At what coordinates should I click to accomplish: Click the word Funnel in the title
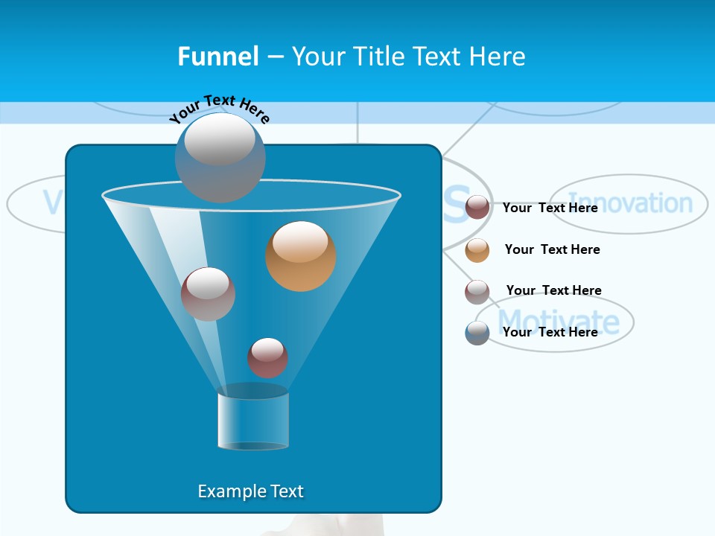[x=218, y=57]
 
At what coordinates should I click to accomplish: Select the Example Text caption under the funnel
[x=250, y=491]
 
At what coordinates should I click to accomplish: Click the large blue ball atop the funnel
[x=220, y=158]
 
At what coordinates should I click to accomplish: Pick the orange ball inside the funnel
[x=301, y=256]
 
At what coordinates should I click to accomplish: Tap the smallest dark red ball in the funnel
[x=267, y=357]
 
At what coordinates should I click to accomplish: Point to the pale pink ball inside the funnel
[x=208, y=294]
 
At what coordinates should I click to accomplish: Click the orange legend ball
[x=477, y=250]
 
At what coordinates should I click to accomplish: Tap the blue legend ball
[x=477, y=333]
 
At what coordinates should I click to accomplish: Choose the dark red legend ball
[x=477, y=208]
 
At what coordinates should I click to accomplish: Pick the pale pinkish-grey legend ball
[x=477, y=292]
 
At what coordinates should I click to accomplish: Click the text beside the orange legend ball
[x=552, y=249]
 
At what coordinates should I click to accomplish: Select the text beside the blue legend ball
[x=550, y=332]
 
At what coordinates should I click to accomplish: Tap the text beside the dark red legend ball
[x=550, y=208]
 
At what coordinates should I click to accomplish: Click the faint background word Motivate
[x=559, y=322]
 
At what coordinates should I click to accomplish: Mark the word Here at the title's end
[x=498, y=57]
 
